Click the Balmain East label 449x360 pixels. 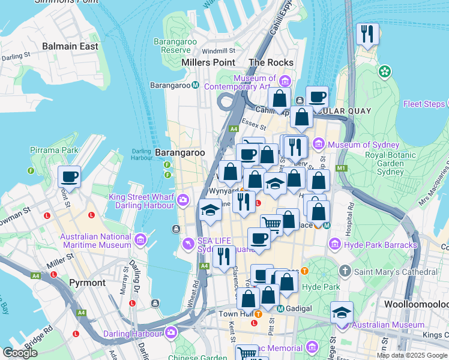[x=70, y=46]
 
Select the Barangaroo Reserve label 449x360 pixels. [x=172, y=46]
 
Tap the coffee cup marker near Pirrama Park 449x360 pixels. [x=70, y=177]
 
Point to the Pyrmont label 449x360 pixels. [x=87, y=282]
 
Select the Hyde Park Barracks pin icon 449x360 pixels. [x=334, y=244]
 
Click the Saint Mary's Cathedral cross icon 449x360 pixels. [x=345, y=271]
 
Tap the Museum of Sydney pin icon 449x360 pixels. [x=318, y=144]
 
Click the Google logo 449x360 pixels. [x=20, y=353]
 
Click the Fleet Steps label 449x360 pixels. [x=423, y=104]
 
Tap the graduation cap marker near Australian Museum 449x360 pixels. [x=342, y=313]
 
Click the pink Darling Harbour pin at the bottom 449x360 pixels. [x=172, y=333]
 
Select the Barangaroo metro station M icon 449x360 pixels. [x=196, y=85]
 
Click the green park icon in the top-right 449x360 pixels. [x=384, y=71]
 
